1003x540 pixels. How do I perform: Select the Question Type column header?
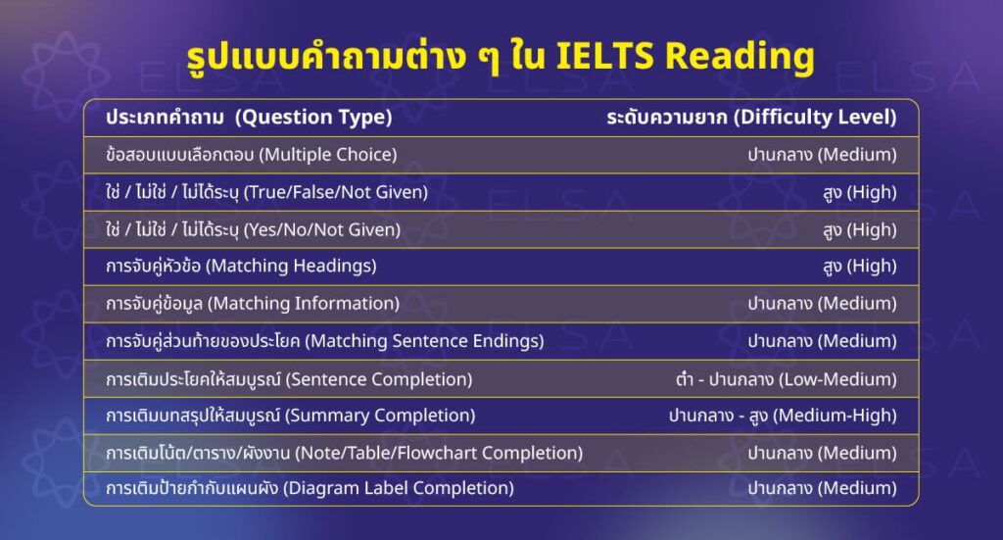[x=249, y=118]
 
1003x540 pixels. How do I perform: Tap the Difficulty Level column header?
[x=751, y=118]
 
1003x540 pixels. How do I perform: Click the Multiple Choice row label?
[x=251, y=155]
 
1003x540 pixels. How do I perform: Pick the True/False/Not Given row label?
[x=266, y=192]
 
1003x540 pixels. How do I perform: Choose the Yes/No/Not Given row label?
[x=253, y=229]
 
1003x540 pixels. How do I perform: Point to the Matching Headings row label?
[x=241, y=267]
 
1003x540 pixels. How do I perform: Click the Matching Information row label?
[x=252, y=304]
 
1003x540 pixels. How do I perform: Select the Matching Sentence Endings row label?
[x=324, y=341]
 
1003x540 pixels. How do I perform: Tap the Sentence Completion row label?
[x=289, y=378]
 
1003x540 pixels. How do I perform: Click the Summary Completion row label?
[x=290, y=416]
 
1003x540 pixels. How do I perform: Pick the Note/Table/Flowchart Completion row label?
[x=344, y=453]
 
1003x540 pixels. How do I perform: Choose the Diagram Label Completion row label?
[x=310, y=488]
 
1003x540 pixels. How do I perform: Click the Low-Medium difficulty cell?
[x=779, y=378]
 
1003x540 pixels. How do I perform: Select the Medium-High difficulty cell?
[x=782, y=416]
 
